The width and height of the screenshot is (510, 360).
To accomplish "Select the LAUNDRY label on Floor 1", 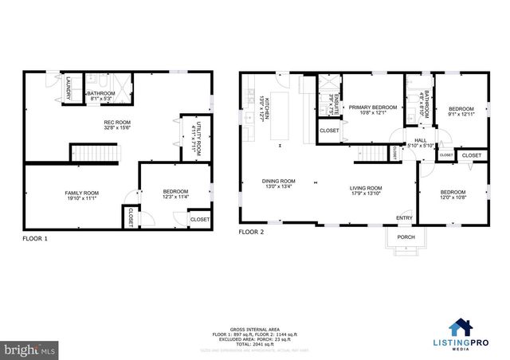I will click(x=69, y=88).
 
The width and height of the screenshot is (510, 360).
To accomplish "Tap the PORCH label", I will click(x=405, y=236).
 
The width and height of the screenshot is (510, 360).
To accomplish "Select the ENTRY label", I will click(x=405, y=217).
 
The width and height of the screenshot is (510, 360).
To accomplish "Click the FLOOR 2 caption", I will click(x=253, y=233).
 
